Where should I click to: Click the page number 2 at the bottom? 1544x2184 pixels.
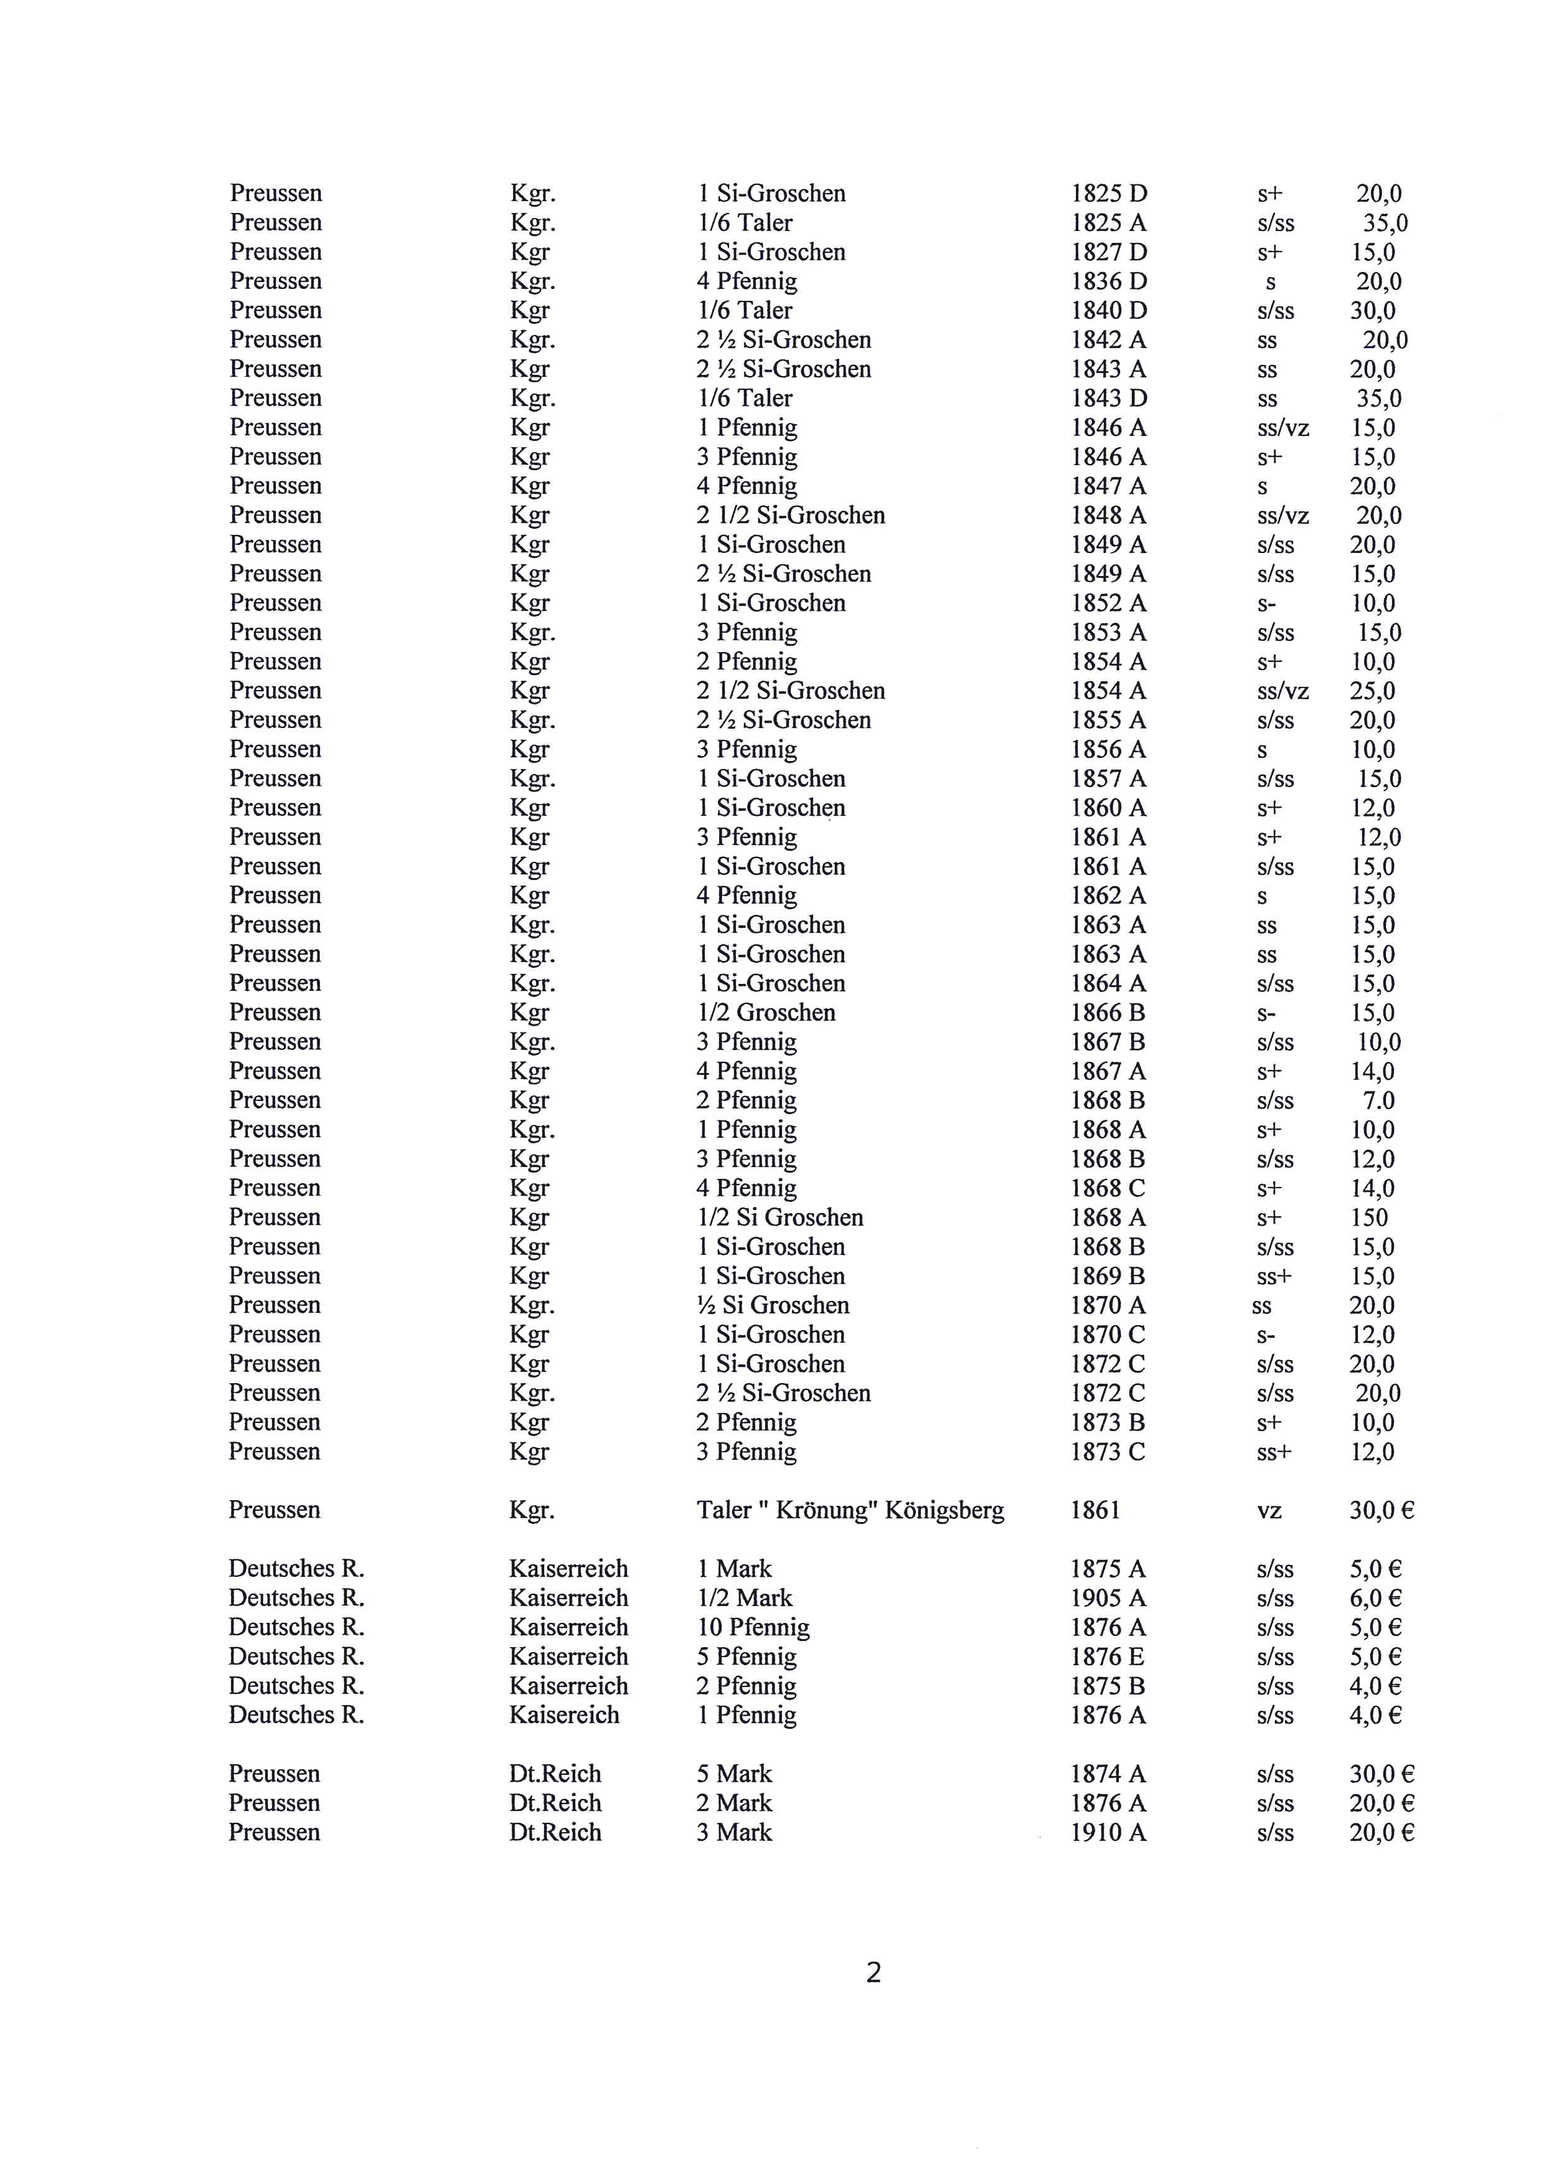tap(873, 1971)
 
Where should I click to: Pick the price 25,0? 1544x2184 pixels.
tap(1372, 691)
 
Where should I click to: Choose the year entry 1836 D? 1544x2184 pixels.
tap(1109, 281)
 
